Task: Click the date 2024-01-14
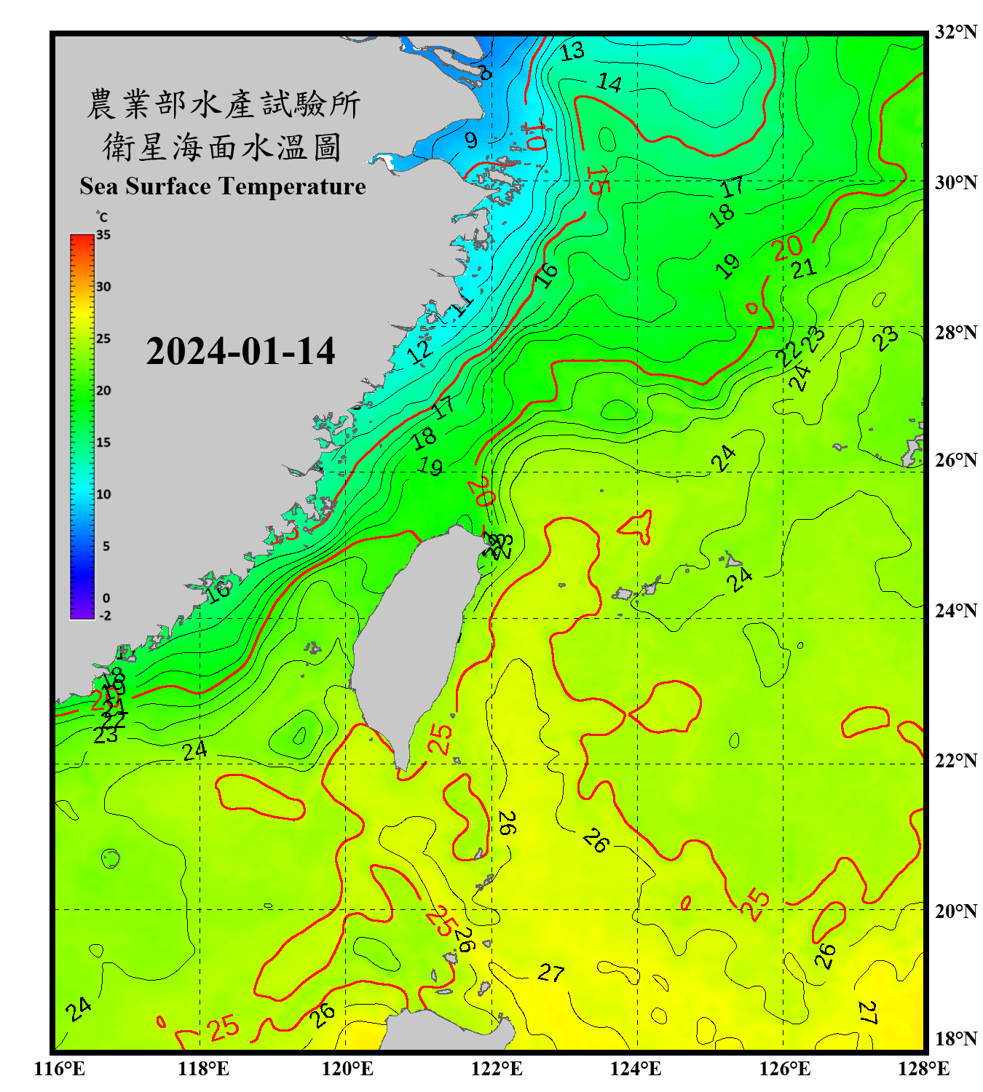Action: [240, 352]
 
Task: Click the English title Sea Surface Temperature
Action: [223, 186]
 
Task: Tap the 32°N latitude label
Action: [955, 32]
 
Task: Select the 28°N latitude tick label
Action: [955, 333]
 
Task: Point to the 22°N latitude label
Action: [955, 761]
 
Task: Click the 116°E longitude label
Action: [60, 1069]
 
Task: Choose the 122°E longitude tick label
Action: [497, 1069]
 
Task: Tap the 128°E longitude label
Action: [923, 1069]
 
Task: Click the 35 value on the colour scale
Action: [103, 235]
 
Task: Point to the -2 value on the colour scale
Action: [105, 616]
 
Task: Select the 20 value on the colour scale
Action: [103, 391]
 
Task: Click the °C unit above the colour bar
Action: [102, 218]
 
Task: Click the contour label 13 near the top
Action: [572, 52]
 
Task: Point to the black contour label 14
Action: [609, 84]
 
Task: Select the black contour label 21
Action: [804, 269]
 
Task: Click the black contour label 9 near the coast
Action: [471, 141]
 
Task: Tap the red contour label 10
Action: [535, 136]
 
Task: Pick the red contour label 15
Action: [596, 181]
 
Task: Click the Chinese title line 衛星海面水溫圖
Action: [222, 148]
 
